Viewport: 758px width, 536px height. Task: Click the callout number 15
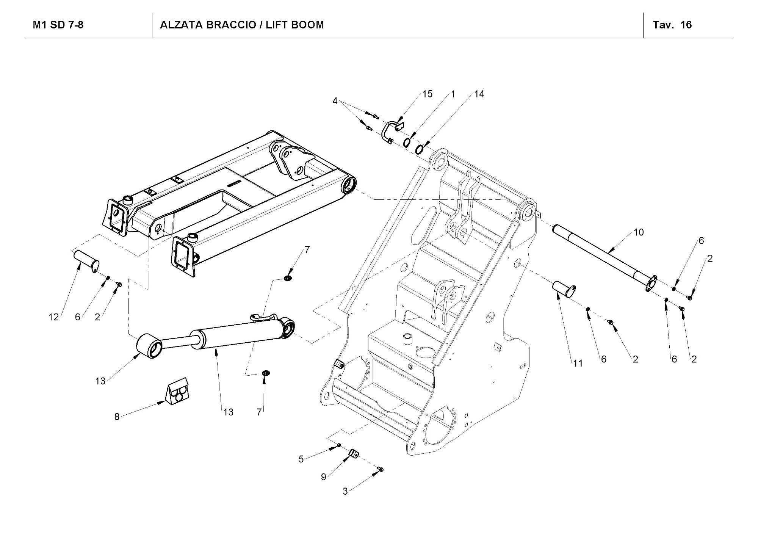(427, 94)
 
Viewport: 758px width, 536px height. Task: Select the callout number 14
(479, 94)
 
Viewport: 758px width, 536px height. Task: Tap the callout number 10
(639, 232)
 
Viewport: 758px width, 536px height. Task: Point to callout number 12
(53, 317)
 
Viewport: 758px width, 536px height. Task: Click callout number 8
(117, 417)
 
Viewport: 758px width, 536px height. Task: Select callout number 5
(301, 459)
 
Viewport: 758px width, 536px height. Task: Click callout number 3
(345, 492)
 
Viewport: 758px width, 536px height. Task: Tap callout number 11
(578, 363)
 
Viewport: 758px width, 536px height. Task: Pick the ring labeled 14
(420, 149)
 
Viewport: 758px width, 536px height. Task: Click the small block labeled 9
(354, 453)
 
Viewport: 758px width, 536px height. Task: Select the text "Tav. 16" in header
(672, 25)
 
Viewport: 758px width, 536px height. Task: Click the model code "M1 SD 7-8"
(58, 25)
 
